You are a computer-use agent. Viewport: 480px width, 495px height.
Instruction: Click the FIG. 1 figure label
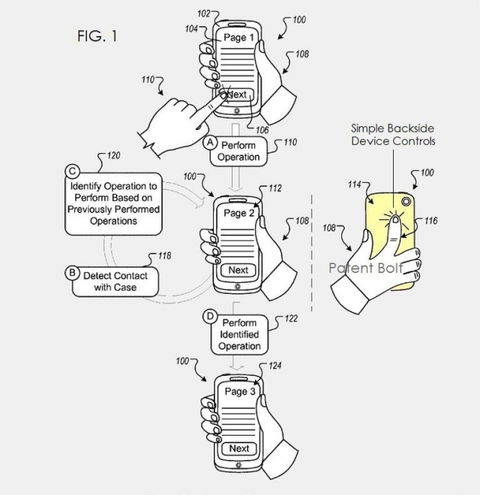point(96,36)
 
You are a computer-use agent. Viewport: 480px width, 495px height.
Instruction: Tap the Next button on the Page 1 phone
point(236,95)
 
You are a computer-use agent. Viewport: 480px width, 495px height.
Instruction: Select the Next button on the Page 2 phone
point(238,270)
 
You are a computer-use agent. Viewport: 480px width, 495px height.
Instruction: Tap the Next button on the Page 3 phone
point(239,448)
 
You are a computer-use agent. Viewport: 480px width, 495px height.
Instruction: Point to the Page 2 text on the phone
point(239,213)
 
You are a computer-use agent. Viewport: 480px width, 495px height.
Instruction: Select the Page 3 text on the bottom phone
point(240,391)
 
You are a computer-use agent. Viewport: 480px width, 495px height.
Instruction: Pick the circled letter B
point(73,273)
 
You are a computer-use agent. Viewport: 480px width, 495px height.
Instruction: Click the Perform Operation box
point(238,151)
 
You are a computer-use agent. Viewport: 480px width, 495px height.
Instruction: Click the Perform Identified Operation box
point(240,334)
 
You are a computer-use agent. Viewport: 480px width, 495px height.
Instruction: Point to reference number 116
point(430,220)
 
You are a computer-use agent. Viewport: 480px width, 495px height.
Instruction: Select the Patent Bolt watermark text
point(365,268)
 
